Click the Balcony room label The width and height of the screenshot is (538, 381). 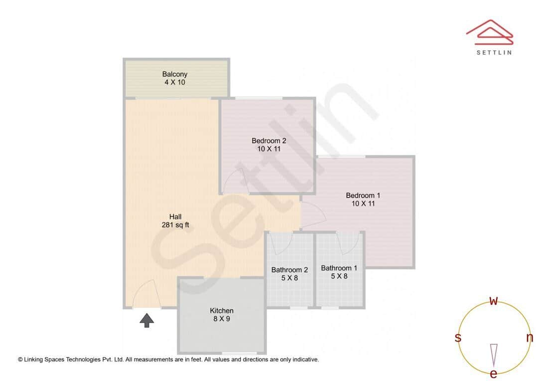pyautogui.click(x=174, y=78)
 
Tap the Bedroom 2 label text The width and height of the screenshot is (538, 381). pyautogui.click(x=269, y=145)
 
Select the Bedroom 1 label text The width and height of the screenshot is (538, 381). pyautogui.click(x=363, y=199)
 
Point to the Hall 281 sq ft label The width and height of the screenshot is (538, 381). pyautogui.click(x=175, y=221)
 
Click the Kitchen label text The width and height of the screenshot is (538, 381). pyautogui.click(x=221, y=315)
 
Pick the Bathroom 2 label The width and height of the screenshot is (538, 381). pyautogui.click(x=289, y=274)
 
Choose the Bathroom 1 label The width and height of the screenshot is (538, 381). pyautogui.click(x=339, y=272)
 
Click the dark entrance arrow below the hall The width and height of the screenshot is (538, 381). pyautogui.click(x=146, y=320)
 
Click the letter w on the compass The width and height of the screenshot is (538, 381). pyautogui.click(x=494, y=301)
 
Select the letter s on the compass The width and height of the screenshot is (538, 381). pyautogui.click(x=458, y=338)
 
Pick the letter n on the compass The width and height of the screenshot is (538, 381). pyautogui.click(x=530, y=338)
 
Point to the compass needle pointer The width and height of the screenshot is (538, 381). pyautogui.click(x=494, y=355)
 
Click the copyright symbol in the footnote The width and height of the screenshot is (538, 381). pyautogui.click(x=20, y=359)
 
